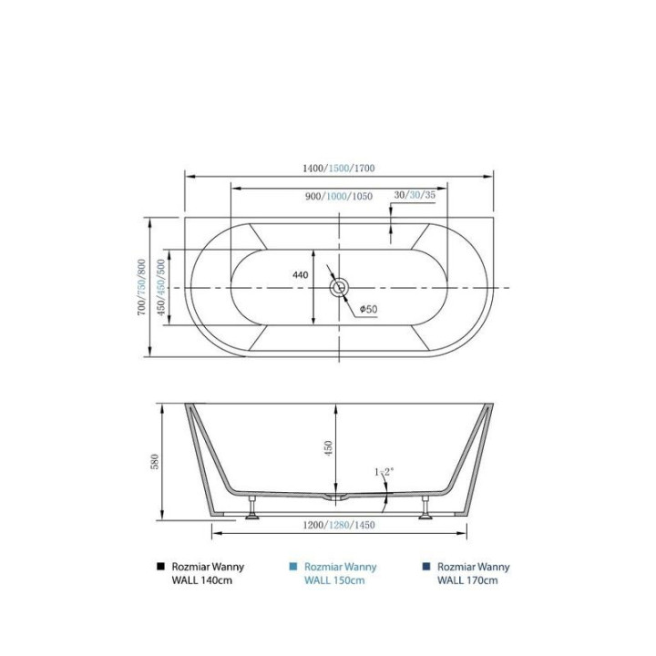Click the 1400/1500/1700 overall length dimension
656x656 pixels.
coord(338,169)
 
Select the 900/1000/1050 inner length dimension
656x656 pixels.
coord(338,196)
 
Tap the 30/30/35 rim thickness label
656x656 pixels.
coord(415,195)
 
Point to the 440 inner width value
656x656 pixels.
coord(301,275)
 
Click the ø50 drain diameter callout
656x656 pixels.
coord(369,309)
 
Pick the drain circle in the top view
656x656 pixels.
coord(338,288)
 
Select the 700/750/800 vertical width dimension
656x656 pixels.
coord(142,287)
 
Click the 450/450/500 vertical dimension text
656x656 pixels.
coord(161,287)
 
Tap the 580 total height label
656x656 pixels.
coord(155,461)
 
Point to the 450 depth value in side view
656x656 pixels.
coord(328,448)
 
